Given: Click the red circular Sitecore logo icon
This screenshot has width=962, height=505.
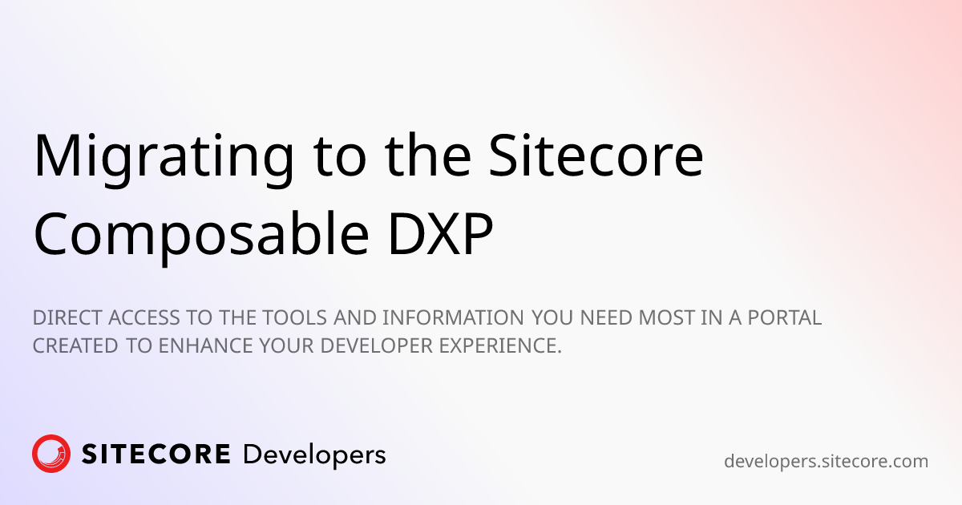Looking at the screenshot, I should point(51,454).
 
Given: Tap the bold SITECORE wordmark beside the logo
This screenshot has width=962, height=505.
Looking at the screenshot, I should point(156,455).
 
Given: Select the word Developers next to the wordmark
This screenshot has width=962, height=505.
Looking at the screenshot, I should point(314,455).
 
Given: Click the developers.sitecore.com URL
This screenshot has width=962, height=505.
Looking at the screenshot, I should point(826,461).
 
